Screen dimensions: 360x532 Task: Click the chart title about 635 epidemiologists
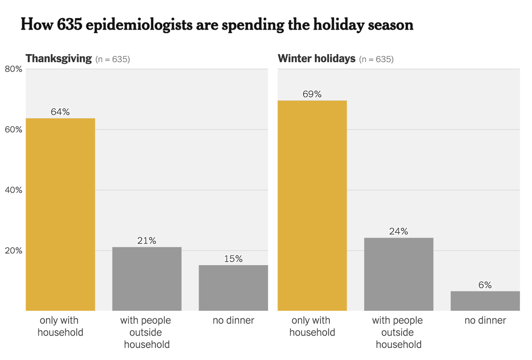click(x=217, y=25)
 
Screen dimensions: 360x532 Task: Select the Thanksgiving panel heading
click(x=59, y=59)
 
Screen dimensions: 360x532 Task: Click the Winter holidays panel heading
click(x=317, y=59)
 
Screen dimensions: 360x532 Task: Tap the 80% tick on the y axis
click(x=13, y=69)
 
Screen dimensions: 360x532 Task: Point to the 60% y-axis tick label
click(x=13, y=129)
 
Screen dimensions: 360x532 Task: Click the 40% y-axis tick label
click(x=13, y=190)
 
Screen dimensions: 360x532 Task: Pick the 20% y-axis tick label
click(x=13, y=250)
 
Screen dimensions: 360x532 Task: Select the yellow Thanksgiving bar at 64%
click(x=60, y=215)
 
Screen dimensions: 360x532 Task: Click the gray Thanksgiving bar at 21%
click(x=147, y=279)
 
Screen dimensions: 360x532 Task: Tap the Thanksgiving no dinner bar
click(x=233, y=288)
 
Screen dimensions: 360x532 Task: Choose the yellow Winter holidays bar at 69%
click(x=312, y=206)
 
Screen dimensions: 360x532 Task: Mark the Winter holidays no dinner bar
click(x=485, y=301)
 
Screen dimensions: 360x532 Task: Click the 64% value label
click(x=60, y=112)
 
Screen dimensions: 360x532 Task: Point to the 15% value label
click(x=233, y=259)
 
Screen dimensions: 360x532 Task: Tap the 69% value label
click(x=312, y=94)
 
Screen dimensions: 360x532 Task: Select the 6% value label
click(x=485, y=285)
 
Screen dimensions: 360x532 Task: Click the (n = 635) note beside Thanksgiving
click(x=113, y=59)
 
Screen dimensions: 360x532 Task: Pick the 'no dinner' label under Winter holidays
click(x=485, y=321)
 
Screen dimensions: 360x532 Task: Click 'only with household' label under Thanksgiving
click(x=60, y=326)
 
